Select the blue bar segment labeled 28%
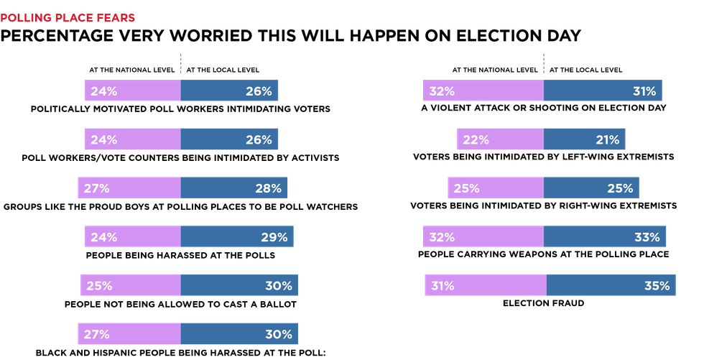tap(234, 188)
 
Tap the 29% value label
tap(274, 237)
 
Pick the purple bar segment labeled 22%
tap(500, 139)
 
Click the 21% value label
tap(607, 140)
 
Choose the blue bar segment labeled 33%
tap(605, 237)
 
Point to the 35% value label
tap(657, 286)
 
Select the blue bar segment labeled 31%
tap(602, 91)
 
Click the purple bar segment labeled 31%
tap(486, 285)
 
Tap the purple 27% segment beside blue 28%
tap(129, 188)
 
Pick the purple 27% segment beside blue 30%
tap(129, 334)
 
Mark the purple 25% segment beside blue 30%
tap(130, 285)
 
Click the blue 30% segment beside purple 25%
tap(238, 285)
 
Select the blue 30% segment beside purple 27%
tap(238, 334)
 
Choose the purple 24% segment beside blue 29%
tap(133, 237)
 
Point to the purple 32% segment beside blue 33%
tap(483, 237)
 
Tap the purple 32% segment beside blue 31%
tap(483, 91)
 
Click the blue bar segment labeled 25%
tap(591, 188)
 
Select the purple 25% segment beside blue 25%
tap(496, 188)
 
